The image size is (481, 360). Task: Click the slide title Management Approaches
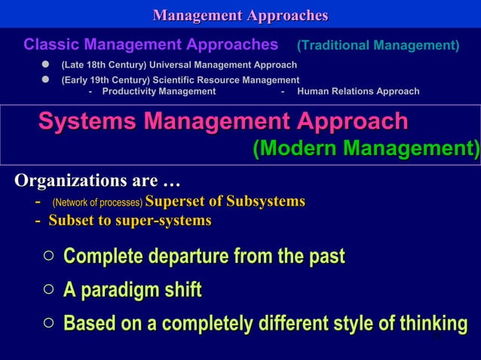(240, 15)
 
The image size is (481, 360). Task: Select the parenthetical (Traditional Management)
(378, 46)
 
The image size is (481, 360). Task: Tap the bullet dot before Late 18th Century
(45, 66)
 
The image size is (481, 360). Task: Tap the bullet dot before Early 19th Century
(45, 80)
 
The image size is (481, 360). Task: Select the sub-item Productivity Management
(158, 92)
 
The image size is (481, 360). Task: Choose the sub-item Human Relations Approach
(358, 92)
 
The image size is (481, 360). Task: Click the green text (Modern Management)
(365, 148)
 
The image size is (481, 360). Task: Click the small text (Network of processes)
(97, 203)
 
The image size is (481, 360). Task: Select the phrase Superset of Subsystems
(225, 202)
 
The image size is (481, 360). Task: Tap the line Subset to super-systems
(129, 221)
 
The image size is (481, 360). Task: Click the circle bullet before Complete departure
(48, 257)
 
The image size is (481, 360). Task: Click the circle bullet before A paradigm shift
(48, 290)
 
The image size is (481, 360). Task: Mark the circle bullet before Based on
(48, 324)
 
